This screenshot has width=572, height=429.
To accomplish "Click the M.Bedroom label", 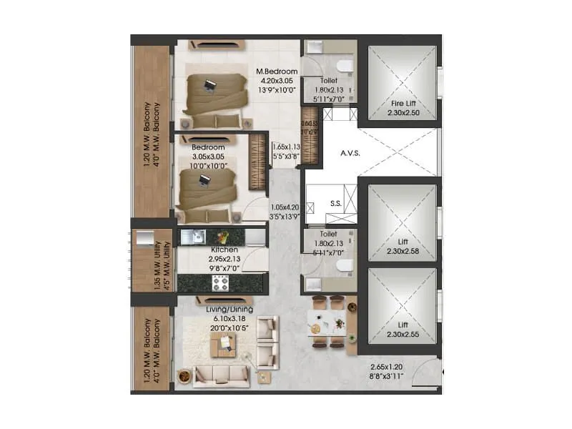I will coord(277,71).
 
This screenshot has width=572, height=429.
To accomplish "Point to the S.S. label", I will coord(335,203).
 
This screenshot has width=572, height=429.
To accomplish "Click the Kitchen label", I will coord(225,250).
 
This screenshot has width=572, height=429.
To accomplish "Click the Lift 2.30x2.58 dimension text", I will coord(398,252).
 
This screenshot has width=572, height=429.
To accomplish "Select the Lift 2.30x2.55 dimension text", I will coord(398,335).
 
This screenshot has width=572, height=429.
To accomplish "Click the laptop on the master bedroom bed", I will coord(209,86).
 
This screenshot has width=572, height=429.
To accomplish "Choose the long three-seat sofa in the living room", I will coord(221,375).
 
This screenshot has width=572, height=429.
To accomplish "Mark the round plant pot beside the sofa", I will coord(184,374).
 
